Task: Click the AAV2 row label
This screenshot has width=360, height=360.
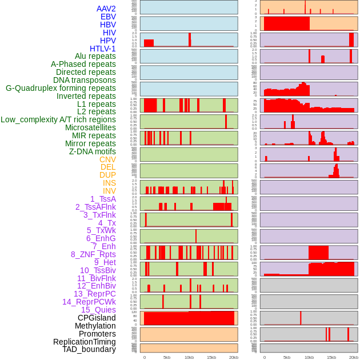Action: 106,9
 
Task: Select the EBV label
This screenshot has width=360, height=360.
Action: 108,17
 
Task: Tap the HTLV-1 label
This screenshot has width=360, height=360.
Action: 103,49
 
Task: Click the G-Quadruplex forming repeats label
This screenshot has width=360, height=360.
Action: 61,88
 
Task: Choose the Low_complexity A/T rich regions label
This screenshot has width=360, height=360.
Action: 58,119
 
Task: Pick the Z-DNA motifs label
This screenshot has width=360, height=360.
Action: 93,151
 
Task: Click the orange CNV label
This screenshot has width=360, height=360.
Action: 107,159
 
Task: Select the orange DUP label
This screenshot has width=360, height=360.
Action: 107,175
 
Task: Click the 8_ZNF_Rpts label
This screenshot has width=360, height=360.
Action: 93,254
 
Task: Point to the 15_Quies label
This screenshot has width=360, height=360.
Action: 98,310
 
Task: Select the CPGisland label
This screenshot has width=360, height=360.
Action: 97,318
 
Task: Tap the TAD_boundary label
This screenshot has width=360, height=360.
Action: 89,349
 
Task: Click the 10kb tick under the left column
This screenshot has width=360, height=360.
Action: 189,357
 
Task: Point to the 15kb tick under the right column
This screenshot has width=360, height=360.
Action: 331,357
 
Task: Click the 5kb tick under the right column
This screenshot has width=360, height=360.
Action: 286,357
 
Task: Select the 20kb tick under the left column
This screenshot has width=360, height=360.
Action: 234,357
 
